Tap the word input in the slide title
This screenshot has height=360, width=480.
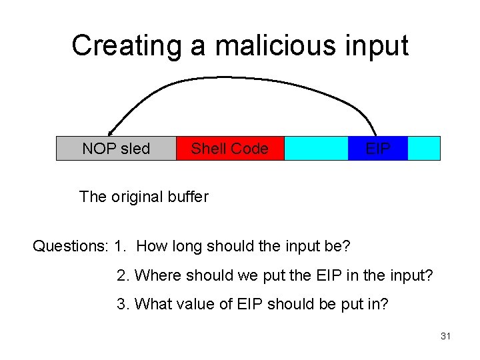[377, 45]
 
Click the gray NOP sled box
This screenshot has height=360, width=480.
[116, 149]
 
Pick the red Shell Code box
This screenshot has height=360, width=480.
[230, 149]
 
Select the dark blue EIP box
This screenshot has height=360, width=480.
[378, 149]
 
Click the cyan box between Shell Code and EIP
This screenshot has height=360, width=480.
[316, 149]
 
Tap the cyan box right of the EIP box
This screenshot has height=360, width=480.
[424, 149]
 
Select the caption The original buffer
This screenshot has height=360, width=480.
[143, 197]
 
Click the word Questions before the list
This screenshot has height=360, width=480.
[69, 246]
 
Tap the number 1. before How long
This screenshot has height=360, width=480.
[120, 246]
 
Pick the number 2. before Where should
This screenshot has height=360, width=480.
[123, 275]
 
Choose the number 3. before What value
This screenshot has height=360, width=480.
[123, 304]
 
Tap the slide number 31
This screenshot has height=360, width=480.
[445, 337]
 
